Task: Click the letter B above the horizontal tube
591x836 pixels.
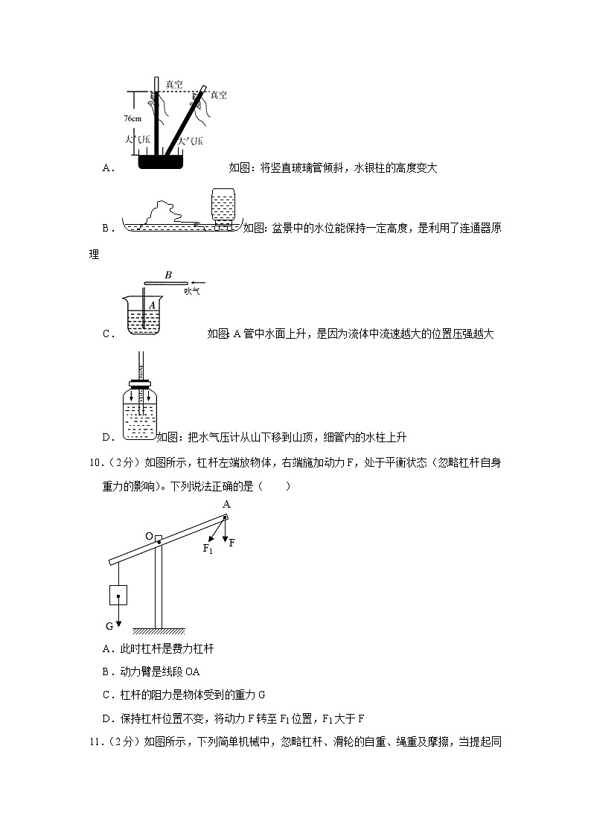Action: pyautogui.click(x=168, y=275)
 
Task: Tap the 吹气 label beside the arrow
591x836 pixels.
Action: pyautogui.click(x=192, y=291)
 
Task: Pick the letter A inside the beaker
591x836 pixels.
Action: pyautogui.click(x=152, y=304)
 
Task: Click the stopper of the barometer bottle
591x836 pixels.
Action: pyautogui.click(x=139, y=385)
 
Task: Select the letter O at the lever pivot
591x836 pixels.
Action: pyautogui.click(x=149, y=537)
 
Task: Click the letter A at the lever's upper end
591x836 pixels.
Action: pyautogui.click(x=226, y=504)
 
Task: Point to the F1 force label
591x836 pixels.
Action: pyautogui.click(x=208, y=549)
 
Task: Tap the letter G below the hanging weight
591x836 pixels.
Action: pyautogui.click(x=109, y=625)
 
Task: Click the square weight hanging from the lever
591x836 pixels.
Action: pyautogui.click(x=118, y=596)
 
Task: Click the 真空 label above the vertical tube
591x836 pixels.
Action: pyautogui.click(x=174, y=85)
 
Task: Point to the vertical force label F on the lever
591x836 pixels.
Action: pyautogui.click(x=231, y=543)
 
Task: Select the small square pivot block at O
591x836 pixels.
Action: pyautogui.click(x=159, y=537)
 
